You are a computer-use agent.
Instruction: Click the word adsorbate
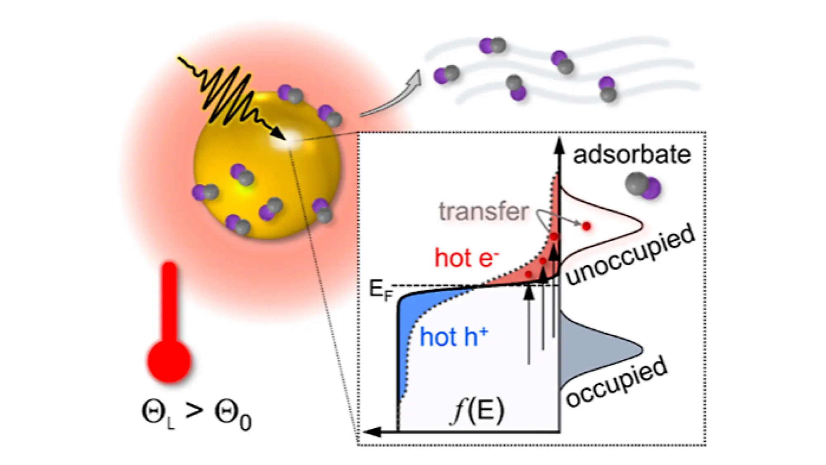pyautogui.click(x=631, y=155)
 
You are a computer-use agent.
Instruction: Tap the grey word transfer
pyautogui.click(x=483, y=212)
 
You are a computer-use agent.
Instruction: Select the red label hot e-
pyautogui.click(x=466, y=258)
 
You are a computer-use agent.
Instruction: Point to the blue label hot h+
pyautogui.click(x=453, y=337)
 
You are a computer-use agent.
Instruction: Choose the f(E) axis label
pyautogui.click(x=478, y=411)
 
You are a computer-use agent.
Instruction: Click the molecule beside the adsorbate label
pyautogui.click(x=643, y=186)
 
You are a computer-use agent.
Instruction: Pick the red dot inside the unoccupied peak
pyautogui.click(x=586, y=226)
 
